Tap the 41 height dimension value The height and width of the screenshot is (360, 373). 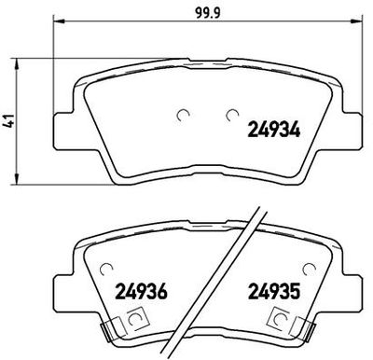pos(9,121)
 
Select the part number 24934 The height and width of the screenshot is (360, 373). pos(274,130)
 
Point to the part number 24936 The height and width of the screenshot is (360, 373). pos(142,292)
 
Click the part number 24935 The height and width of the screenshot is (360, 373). pos(274,292)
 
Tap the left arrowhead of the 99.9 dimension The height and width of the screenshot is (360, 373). pos(59,21)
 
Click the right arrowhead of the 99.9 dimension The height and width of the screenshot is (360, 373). pos(357,21)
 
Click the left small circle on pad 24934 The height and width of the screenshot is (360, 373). pos(183,116)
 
